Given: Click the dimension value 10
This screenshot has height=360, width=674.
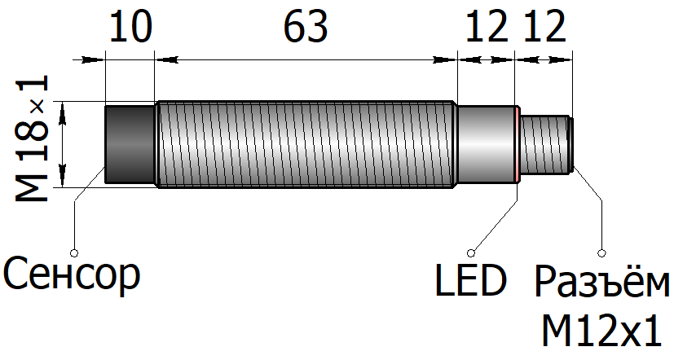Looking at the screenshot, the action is pos(131,27).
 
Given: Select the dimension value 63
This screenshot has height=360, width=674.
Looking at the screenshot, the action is pos(306,27).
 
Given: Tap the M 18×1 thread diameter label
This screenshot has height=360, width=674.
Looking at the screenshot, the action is pos(33,138).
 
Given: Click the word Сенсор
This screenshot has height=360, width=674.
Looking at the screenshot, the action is pos(72,274).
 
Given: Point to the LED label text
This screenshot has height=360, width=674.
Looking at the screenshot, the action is pos(471,280).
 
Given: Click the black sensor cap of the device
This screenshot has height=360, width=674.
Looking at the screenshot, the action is pos(130,144).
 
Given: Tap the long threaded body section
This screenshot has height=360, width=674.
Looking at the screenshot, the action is pos(306,144).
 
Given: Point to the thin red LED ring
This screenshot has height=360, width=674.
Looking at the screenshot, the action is pos(518,144).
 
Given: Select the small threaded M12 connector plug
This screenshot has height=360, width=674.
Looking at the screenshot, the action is pos(547,144).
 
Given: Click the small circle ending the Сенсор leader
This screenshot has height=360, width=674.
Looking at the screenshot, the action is pos(74,252).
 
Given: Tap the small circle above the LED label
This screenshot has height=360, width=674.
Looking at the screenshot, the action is pos(472,252).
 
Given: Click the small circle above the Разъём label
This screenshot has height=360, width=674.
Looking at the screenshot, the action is pos(602,252).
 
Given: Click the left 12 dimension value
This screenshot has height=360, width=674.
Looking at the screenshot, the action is pos(487,27).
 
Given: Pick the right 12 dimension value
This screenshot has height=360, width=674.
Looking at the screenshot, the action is pos(544,27).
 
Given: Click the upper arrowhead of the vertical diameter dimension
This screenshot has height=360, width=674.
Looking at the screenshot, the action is pos(63,113).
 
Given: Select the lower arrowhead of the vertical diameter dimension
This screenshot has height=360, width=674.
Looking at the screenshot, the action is pos(63,176).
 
